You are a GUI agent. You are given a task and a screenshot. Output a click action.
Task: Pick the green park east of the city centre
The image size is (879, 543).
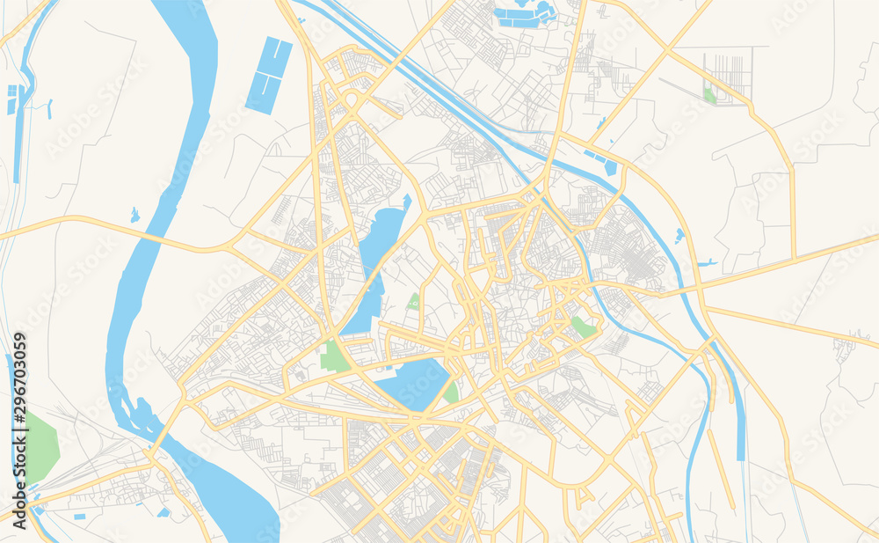(x=582, y=327)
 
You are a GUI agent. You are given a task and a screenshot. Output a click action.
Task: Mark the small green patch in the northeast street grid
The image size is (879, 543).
(x=709, y=95)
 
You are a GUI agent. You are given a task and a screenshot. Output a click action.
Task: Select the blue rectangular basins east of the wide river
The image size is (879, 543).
(x=269, y=75)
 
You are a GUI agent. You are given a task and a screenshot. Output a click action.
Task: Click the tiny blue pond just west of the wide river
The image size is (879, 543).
(x=134, y=214)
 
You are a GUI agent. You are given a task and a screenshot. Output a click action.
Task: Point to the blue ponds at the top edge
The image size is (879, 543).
(x=525, y=13)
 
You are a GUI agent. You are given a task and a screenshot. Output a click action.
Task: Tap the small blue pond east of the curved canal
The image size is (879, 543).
(x=679, y=235)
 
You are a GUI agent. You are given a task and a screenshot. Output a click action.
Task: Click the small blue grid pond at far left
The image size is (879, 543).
(x=12, y=99)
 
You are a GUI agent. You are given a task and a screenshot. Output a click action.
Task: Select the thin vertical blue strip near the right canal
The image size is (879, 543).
(x=739, y=414)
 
